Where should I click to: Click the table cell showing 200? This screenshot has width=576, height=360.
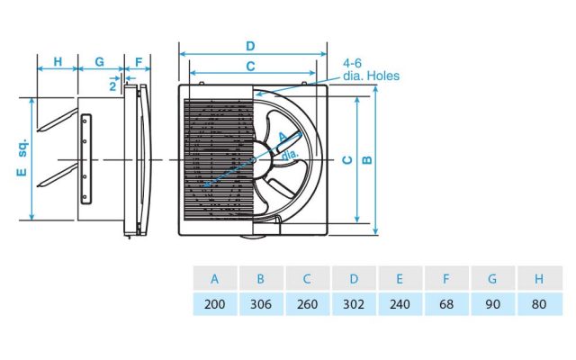tap(215, 304)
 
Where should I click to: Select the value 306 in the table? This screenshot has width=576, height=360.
tap(262, 304)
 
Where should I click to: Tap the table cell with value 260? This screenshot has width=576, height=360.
tap(308, 304)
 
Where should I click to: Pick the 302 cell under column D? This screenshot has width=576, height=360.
tap(354, 304)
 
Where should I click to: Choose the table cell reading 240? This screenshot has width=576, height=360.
tap(400, 304)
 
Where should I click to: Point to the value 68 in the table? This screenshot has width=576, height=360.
tap(446, 304)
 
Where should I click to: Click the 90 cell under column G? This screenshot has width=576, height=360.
tap(493, 304)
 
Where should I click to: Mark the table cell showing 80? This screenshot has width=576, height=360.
tap(539, 304)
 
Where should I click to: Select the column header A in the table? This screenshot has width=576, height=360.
tap(215, 279)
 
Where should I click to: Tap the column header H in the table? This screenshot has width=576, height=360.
tap(539, 279)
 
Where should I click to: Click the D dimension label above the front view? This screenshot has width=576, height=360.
tap(250, 46)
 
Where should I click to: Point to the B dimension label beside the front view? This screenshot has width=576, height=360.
tap(366, 160)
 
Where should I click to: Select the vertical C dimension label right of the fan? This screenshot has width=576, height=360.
tap(346, 160)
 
